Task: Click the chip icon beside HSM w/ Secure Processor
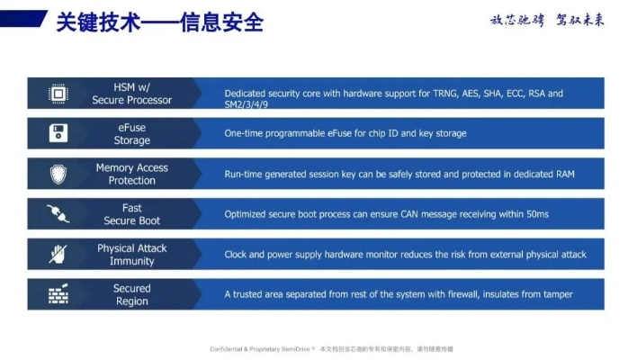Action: click(x=58, y=94)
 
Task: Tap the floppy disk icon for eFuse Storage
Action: click(x=58, y=134)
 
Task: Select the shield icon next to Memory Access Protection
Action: click(x=58, y=174)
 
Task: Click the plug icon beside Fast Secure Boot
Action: click(x=58, y=214)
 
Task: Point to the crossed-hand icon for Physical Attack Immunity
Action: click(x=58, y=255)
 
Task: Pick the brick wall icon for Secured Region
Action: click(x=58, y=294)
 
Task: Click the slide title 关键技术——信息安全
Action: click(x=159, y=22)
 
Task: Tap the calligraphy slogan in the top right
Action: click(x=546, y=20)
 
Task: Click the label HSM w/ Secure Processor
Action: click(x=132, y=94)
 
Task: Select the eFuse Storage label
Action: click(x=132, y=134)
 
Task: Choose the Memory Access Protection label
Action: click(x=132, y=174)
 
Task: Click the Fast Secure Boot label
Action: click(x=132, y=214)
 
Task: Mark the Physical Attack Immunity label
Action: click(x=132, y=255)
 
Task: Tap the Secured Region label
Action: click(x=132, y=294)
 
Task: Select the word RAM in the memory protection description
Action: click(x=563, y=174)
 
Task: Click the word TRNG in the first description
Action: click(x=426, y=93)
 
